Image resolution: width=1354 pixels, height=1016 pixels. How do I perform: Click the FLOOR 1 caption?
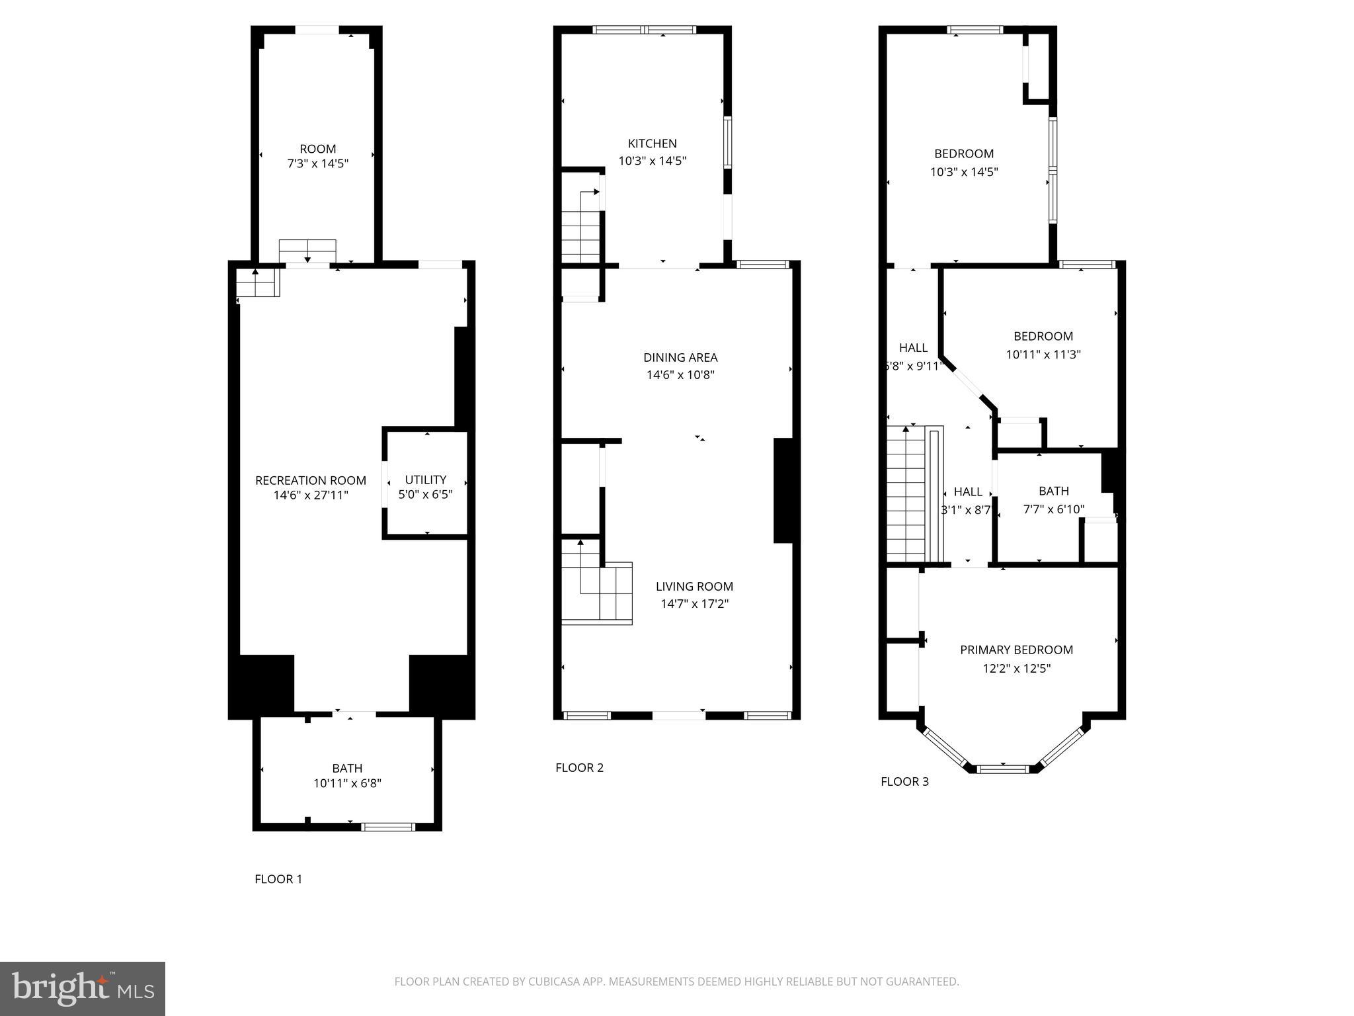pos(278,879)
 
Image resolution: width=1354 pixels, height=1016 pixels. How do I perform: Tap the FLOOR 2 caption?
pos(579,767)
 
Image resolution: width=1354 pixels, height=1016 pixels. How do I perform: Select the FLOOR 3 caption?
pos(904,781)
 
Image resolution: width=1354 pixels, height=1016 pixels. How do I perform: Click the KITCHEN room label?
pos(652,144)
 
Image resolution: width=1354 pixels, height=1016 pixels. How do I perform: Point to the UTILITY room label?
pos(425,480)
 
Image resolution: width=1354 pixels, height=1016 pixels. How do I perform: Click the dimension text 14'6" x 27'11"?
pos(311,495)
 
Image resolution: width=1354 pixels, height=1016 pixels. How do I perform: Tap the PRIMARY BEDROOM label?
pos(1016,650)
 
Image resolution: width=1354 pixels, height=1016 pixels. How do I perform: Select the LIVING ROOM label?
pos(694,586)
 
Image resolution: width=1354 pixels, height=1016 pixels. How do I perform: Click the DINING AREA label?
pos(680,357)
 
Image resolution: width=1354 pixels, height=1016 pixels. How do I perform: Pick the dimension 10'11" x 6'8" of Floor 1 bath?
pos(347,784)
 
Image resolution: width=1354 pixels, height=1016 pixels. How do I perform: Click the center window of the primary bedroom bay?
pos(1003,769)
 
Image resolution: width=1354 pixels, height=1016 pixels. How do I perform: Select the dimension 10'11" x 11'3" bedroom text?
pos(1043,355)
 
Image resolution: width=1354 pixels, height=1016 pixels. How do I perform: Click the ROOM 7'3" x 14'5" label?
pos(317,156)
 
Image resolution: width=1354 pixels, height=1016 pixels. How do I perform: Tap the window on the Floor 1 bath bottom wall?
pos(388,826)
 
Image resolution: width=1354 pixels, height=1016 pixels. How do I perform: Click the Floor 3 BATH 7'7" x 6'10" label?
pos(1053,500)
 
